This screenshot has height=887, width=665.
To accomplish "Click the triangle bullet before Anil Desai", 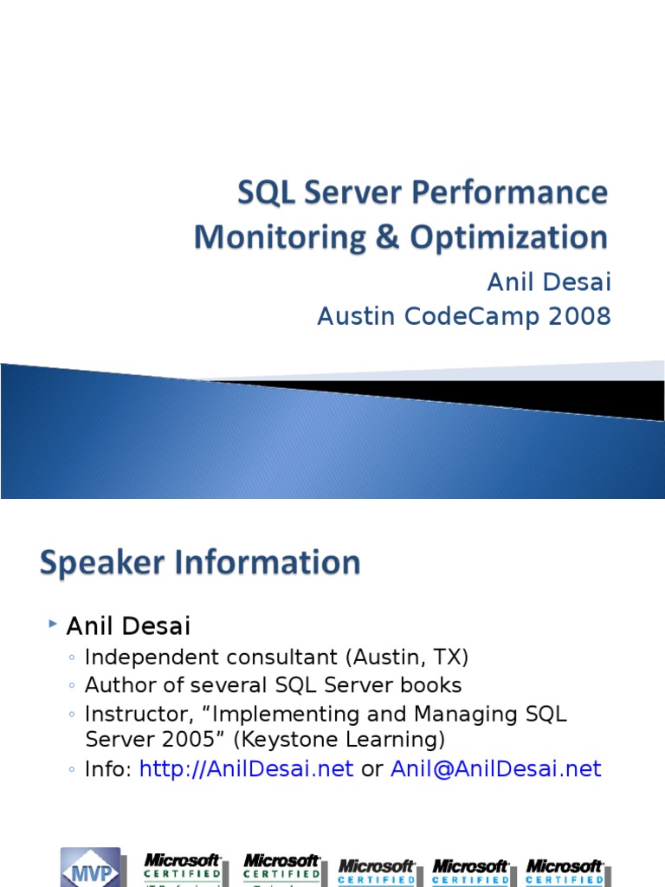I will tap(54, 623).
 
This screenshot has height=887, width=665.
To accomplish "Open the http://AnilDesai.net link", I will tap(246, 769).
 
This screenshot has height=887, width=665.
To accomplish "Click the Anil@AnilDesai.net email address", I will tap(495, 769).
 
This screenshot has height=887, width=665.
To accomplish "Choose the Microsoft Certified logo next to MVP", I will tap(183, 866).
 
